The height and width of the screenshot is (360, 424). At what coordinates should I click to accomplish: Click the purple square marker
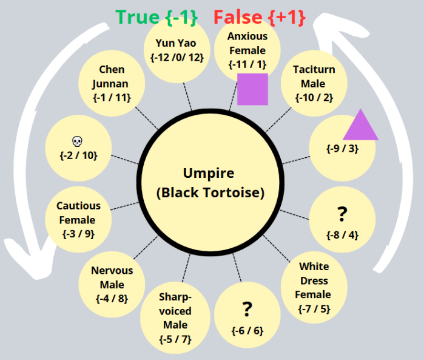tap(252, 89)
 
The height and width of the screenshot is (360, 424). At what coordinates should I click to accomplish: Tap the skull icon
tap(77, 141)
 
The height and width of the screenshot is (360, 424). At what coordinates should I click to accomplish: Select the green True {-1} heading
tap(157, 16)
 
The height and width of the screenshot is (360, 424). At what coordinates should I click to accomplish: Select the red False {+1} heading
tap(260, 16)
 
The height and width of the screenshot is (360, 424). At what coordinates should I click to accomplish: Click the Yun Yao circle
tap(177, 51)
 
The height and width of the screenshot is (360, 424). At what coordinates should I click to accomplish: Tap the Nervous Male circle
tap(112, 284)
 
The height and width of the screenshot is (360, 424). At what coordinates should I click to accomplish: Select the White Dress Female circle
tap(314, 288)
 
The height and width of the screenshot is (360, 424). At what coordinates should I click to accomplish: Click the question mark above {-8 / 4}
tap(342, 214)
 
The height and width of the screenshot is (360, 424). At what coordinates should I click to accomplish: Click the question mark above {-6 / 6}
tap(246, 310)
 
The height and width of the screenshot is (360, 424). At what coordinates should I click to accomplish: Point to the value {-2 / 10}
tap(78, 155)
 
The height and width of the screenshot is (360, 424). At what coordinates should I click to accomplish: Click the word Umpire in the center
tap(209, 174)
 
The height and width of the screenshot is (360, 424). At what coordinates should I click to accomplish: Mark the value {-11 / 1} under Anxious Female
tap(247, 63)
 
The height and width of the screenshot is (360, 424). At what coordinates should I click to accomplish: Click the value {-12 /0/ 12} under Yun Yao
tap(177, 58)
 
